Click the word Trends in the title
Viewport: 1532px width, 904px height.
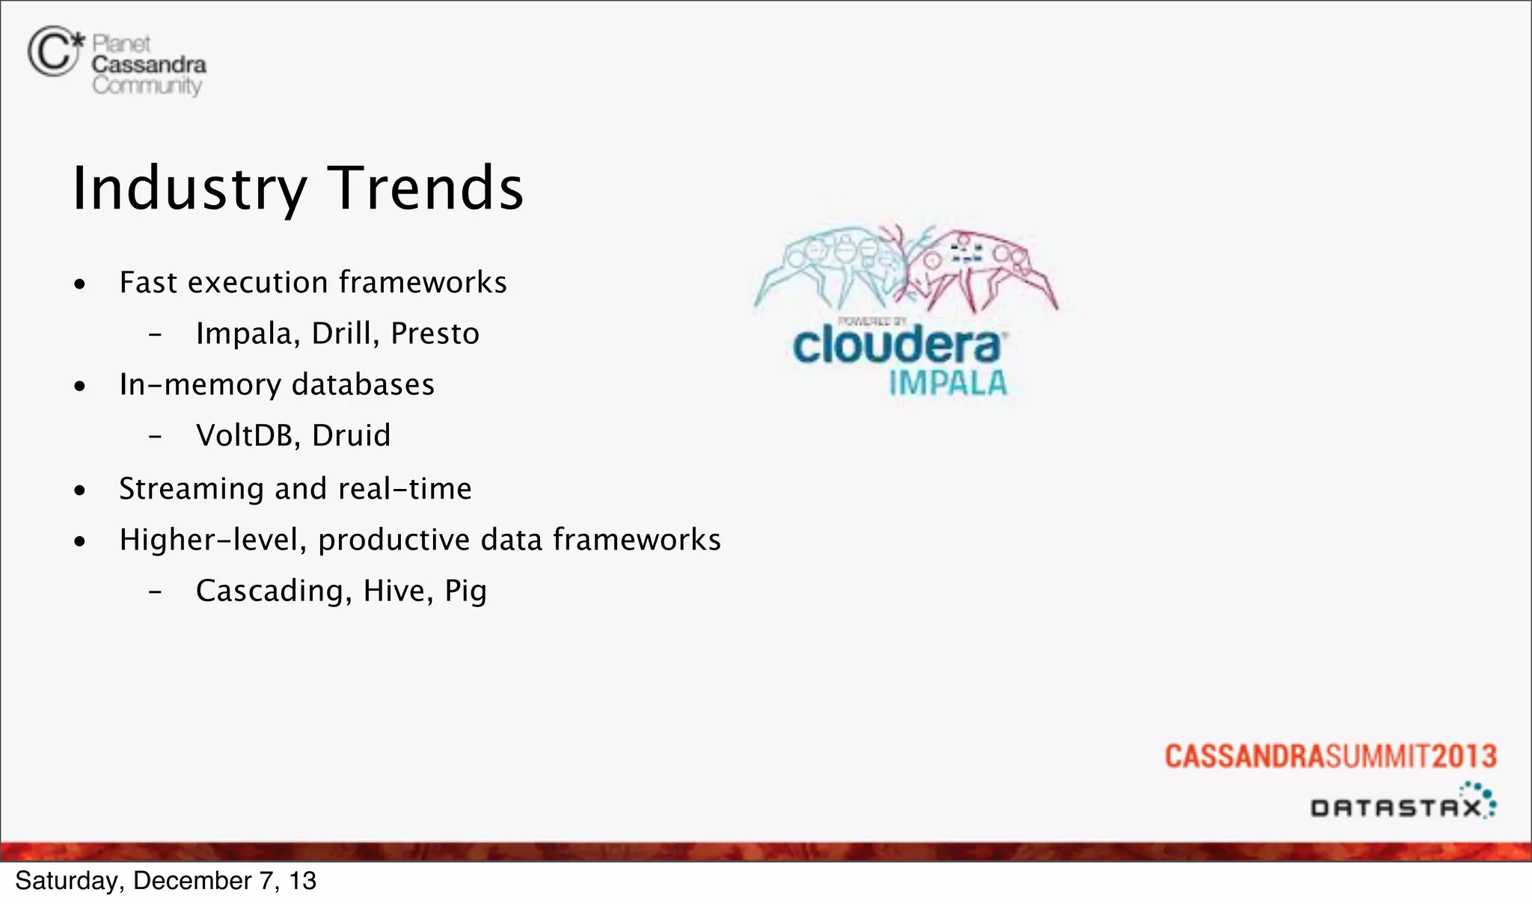pos(426,188)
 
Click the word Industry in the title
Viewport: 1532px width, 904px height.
pos(189,188)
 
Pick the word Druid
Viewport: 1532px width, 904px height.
pos(351,435)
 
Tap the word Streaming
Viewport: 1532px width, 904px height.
pos(191,489)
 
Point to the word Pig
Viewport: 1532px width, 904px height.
pos(465,591)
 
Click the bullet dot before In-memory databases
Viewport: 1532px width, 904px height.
pos(80,387)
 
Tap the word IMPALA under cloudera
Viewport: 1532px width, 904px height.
pos(948,383)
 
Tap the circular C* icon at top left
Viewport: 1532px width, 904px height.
pos(52,52)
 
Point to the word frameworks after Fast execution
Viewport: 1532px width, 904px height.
pos(423,283)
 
